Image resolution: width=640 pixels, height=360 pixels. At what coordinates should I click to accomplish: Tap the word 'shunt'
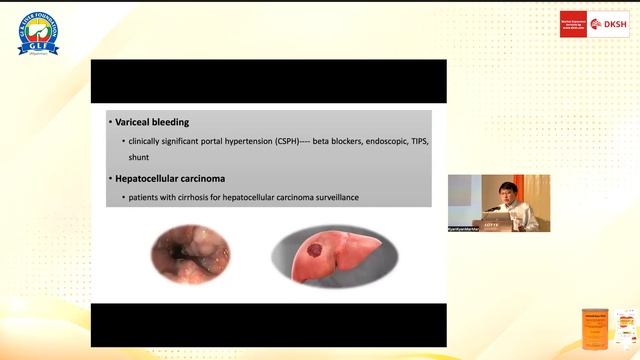click(x=138, y=158)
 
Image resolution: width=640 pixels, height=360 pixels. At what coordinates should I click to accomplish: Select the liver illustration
click(x=334, y=255)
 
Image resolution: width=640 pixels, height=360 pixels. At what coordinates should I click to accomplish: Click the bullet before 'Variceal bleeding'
click(x=111, y=122)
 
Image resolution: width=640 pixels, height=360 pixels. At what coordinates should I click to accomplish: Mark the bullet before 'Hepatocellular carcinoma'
click(x=111, y=179)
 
